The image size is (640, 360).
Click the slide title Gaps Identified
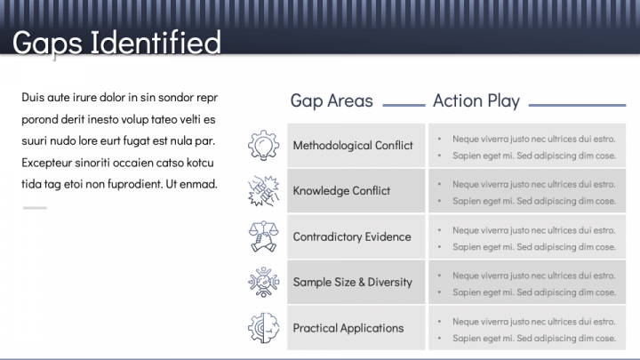pyautogui.click(x=116, y=42)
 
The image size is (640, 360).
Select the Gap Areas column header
pyautogui.click(x=332, y=100)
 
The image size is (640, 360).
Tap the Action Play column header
pyautogui.click(x=476, y=100)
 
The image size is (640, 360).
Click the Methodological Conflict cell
pyautogui.click(x=353, y=146)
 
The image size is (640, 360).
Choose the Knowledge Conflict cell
pyautogui.click(x=341, y=191)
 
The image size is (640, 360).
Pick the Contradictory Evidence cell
pyautogui.click(x=352, y=237)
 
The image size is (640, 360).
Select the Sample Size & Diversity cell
pyautogui.click(x=353, y=283)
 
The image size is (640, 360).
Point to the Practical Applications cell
pyautogui.click(x=348, y=328)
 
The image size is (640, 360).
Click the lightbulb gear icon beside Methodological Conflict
pyautogui.click(x=264, y=145)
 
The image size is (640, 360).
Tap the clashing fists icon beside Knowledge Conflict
pyautogui.click(x=264, y=190)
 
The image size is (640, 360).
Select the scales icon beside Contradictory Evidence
pyautogui.click(x=264, y=236)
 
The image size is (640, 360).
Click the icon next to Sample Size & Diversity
pyautogui.click(x=264, y=283)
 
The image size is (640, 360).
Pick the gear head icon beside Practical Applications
pyautogui.click(x=264, y=328)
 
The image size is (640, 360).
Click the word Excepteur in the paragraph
pyautogui.click(x=50, y=163)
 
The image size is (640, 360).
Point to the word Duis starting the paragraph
pyautogui.click(x=33, y=97)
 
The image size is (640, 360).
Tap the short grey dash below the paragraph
pyautogui.click(x=35, y=208)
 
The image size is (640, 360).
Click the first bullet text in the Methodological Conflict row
pyautogui.click(x=533, y=139)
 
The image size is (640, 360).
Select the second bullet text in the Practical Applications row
pyautogui.click(x=533, y=338)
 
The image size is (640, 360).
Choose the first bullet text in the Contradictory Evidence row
pyautogui.click(x=533, y=230)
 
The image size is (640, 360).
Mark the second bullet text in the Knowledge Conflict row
pyautogui.click(x=533, y=201)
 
